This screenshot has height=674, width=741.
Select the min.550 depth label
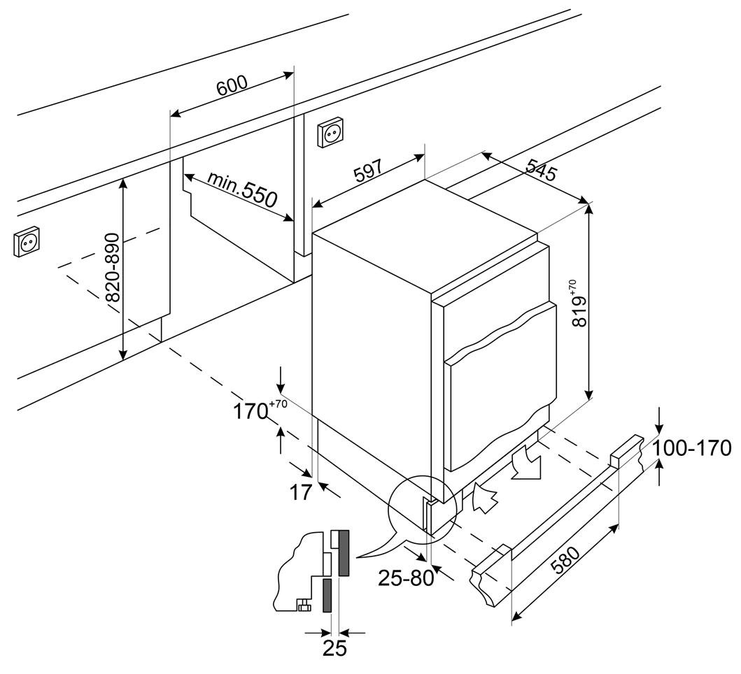coord(242,189)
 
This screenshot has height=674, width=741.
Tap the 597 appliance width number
coord(367,171)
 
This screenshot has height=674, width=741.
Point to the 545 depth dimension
coord(541,170)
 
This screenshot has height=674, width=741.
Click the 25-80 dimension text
coord(407,578)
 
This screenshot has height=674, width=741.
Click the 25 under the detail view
coord(334,648)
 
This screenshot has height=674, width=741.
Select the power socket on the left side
coord(27,242)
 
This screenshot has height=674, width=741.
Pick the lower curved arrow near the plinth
coord(485,498)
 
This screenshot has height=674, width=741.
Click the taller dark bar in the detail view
coord(343,552)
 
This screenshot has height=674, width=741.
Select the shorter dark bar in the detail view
coord(327,595)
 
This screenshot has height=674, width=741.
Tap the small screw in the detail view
coord(304,605)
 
